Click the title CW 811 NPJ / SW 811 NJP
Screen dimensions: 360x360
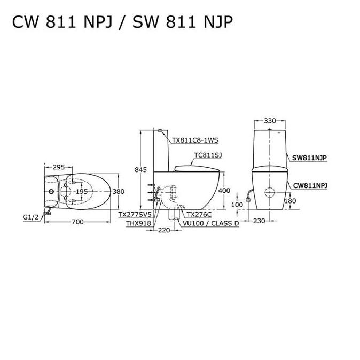[x=123, y=22]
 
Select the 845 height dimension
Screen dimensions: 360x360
[x=140, y=169]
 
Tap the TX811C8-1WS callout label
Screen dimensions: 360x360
[x=195, y=141]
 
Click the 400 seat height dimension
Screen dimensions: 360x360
[x=225, y=191]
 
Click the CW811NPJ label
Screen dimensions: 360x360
[x=310, y=185]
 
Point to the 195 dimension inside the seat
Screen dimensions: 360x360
[x=81, y=191]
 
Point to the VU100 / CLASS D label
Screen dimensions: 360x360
[x=210, y=223]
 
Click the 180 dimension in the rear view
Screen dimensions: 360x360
[x=291, y=200]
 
